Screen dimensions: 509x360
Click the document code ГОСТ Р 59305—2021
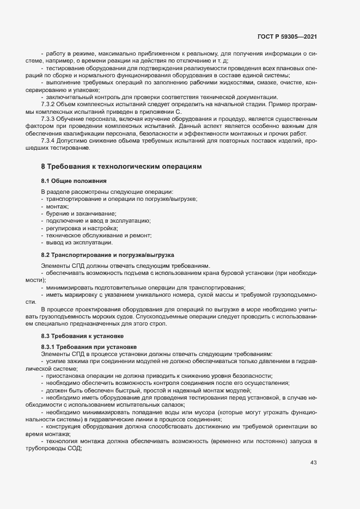[x=287, y=36]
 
